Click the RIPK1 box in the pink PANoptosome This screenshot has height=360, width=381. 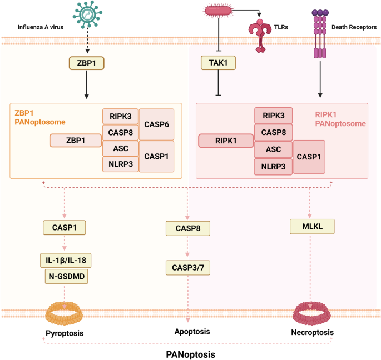point(226,141)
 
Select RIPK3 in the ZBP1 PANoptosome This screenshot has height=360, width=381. point(120,116)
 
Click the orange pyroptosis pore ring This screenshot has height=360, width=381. point(66,314)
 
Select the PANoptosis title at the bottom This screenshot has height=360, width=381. point(191,353)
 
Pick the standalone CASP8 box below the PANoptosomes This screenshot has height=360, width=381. point(188,227)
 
